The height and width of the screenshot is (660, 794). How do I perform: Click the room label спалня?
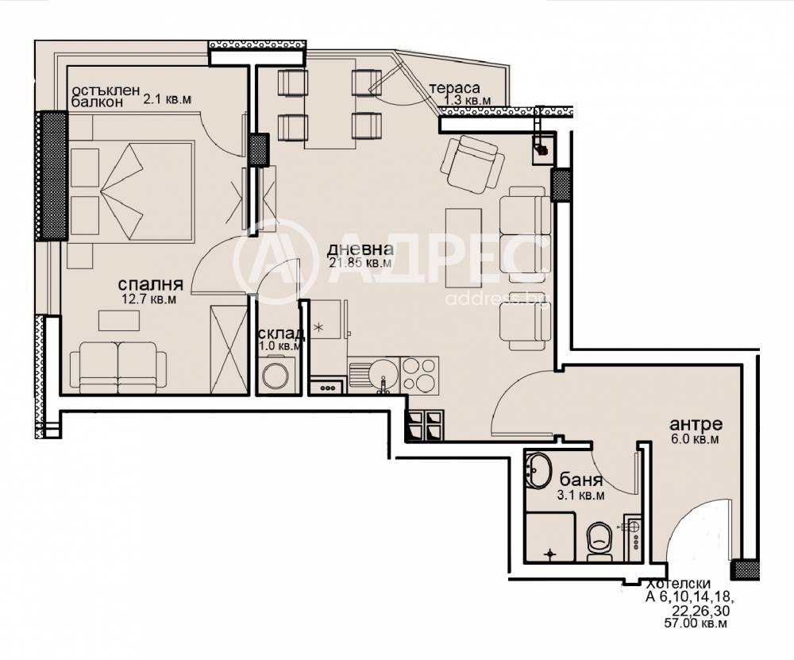150,284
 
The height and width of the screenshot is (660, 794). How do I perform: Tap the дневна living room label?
360,249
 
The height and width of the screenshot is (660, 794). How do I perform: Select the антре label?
696,424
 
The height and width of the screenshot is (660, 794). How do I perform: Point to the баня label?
581,479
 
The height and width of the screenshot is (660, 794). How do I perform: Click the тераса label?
454,89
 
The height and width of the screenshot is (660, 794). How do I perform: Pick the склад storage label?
282,334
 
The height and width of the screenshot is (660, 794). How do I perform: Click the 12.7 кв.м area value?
149,299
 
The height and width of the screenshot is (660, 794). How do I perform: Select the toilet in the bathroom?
599,542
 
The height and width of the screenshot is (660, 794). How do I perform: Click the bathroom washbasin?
538,469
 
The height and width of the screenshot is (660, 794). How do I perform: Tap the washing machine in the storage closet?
275,374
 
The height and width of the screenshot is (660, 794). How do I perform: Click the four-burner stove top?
419,375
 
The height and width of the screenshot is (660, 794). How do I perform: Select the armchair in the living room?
472,163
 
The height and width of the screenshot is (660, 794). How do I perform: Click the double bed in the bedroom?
132,191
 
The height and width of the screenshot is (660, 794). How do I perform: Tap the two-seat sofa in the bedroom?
118,367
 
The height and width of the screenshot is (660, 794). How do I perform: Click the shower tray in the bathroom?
550,537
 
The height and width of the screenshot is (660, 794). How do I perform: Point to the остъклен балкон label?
106,96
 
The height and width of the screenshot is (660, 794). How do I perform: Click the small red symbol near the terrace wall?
543,150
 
